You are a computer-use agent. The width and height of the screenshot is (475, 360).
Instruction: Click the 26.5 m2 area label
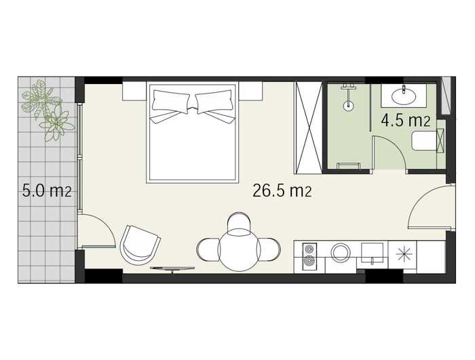[x=282, y=191]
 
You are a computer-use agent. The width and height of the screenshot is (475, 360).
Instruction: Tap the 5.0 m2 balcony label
[x=47, y=191]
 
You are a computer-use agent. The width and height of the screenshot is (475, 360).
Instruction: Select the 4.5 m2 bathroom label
[x=406, y=121]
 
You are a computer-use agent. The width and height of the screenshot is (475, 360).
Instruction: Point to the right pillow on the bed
[x=214, y=100]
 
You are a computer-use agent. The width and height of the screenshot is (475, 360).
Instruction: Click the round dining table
[x=239, y=249]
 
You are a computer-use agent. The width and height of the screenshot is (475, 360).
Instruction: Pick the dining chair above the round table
[x=239, y=224]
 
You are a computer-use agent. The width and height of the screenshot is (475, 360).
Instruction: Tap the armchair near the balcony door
[x=140, y=245]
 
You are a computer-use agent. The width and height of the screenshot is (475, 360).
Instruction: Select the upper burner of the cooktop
[x=309, y=249]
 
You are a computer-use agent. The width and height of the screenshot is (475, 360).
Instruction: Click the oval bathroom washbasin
[x=404, y=96]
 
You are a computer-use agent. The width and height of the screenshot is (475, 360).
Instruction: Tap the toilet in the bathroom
[x=425, y=141]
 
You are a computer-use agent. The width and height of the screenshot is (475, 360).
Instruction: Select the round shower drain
[x=348, y=106]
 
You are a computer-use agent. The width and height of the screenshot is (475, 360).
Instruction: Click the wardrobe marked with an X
[x=308, y=127]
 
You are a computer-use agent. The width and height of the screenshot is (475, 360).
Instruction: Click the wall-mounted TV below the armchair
[x=172, y=268]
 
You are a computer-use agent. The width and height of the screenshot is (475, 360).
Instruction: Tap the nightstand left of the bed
[x=134, y=91]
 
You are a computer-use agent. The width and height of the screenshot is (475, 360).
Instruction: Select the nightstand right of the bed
[x=250, y=91]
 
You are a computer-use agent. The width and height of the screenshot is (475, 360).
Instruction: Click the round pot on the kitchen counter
[x=341, y=252]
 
